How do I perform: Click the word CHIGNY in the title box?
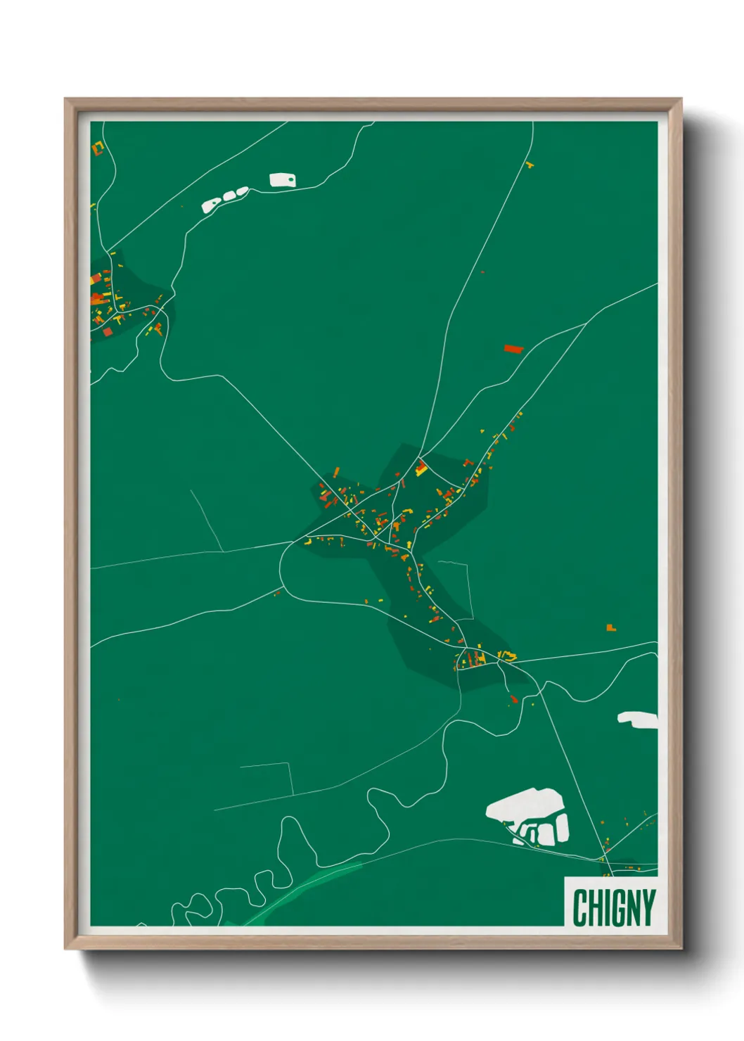pyautogui.click(x=614, y=907)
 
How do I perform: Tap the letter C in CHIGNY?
pyautogui.click(x=581, y=907)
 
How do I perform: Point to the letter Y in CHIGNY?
pyautogui.click(x=648, y=907)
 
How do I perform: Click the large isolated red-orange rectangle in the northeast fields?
pyautogui.click(x=513, y=348)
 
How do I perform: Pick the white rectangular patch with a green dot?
pyautogui.click(x=283, y=180)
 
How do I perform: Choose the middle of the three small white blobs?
pyautogui.click(x=229, y=196)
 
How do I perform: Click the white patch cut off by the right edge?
pyautogui.click(x=639, y=719)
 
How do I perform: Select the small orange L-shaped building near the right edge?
pyautogui.click(x=611, y=627)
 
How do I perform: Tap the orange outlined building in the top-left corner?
pyautogui.click(x=98, y=148)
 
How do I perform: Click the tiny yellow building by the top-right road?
pyautogui.click(x=529, y=165)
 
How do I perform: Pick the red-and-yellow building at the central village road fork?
pyautogui.click(x=421, y=468)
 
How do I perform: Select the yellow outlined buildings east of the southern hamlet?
pyautogui.click(x=507, y=656)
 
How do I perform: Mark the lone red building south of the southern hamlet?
pyautogui.click(x=513, y=698)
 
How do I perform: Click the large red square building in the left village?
pyautogui.click(x=108, y=331)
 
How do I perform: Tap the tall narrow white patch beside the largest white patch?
pyautogui.click(x=562, y=828)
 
